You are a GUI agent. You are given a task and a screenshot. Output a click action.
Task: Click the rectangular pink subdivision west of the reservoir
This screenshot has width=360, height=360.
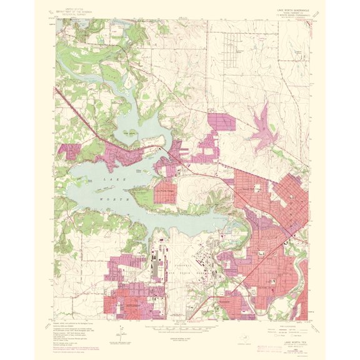click(223, 121)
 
